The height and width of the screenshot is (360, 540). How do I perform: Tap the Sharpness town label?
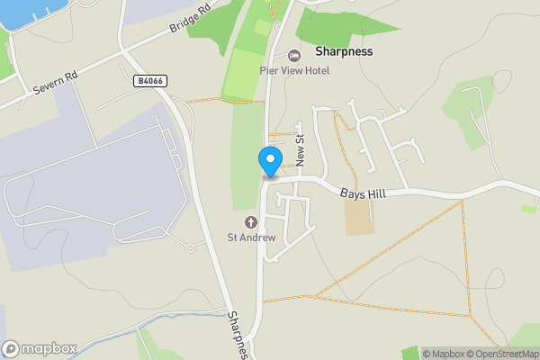(344, 52)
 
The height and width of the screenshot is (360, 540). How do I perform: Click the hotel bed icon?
(293, 56)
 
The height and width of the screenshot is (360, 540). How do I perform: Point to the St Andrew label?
(250, 238)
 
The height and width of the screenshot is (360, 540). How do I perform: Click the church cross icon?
(250, 222)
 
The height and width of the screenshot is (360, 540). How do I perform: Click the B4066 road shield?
(149, 81)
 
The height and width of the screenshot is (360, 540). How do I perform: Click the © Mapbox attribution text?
(443, 354)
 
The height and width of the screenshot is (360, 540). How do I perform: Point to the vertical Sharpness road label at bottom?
(237, 335)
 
